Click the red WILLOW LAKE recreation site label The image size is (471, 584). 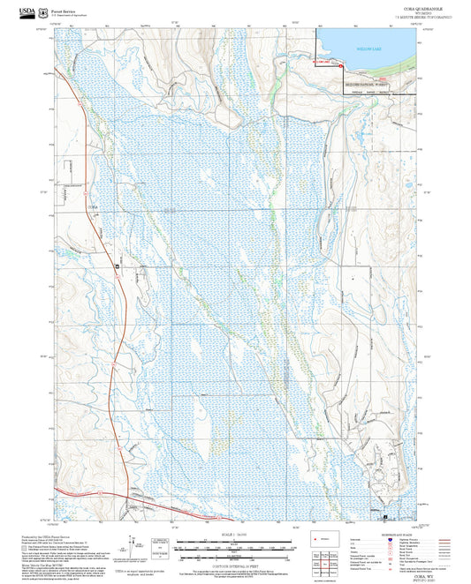click(323, 63)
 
